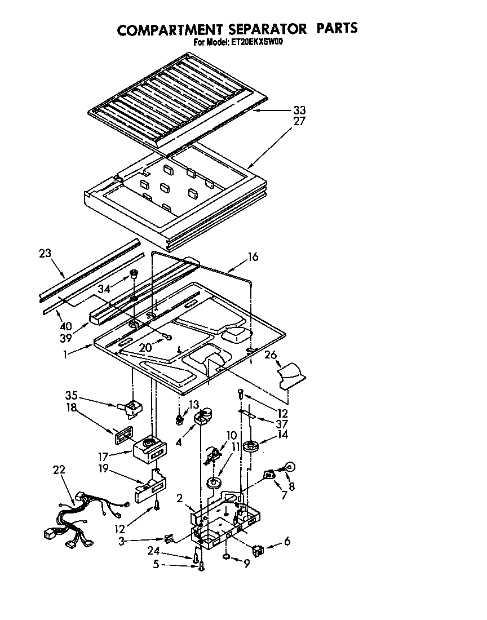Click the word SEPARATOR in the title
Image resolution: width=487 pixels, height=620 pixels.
pos(260,28)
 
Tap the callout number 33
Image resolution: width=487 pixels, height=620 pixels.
pos(300,110)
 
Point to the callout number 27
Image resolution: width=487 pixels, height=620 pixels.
pos(300,121)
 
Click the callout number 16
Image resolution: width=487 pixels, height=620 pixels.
pos(253,257)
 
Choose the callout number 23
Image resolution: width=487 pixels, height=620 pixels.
pos(46,254)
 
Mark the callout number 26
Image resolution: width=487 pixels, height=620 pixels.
pos(271,355)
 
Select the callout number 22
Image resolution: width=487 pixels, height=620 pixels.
pos(59,469)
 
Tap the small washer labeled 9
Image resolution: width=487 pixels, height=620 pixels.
pos(226,557)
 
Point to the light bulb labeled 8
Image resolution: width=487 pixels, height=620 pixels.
pos(291,467)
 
